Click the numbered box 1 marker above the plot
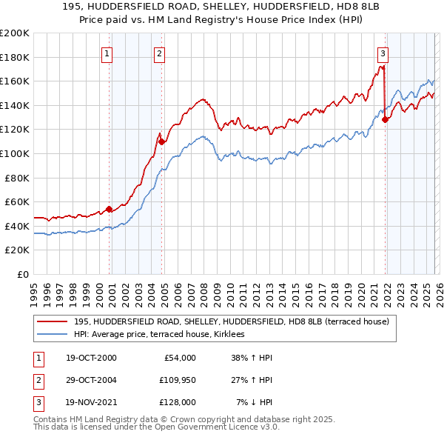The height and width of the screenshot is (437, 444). pos(107,53)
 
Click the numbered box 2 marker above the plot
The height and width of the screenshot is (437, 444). pos(160,53)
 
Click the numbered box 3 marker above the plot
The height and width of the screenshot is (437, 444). pos(383,53)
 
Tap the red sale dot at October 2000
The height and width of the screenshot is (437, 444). pos(110,209)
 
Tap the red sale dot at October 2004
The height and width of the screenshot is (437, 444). pos(162,141)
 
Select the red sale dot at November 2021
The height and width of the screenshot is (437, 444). pos(386,120)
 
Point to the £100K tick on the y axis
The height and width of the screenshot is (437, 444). pos(16,153)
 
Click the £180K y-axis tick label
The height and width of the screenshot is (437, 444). pos(16,57)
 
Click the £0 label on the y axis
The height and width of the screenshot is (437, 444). pos(22,274)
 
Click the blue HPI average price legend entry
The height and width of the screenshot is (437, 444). pos(164,335)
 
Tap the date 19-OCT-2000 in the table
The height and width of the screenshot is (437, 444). pos(91,358)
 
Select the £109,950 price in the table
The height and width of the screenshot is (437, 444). pos(175,380)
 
